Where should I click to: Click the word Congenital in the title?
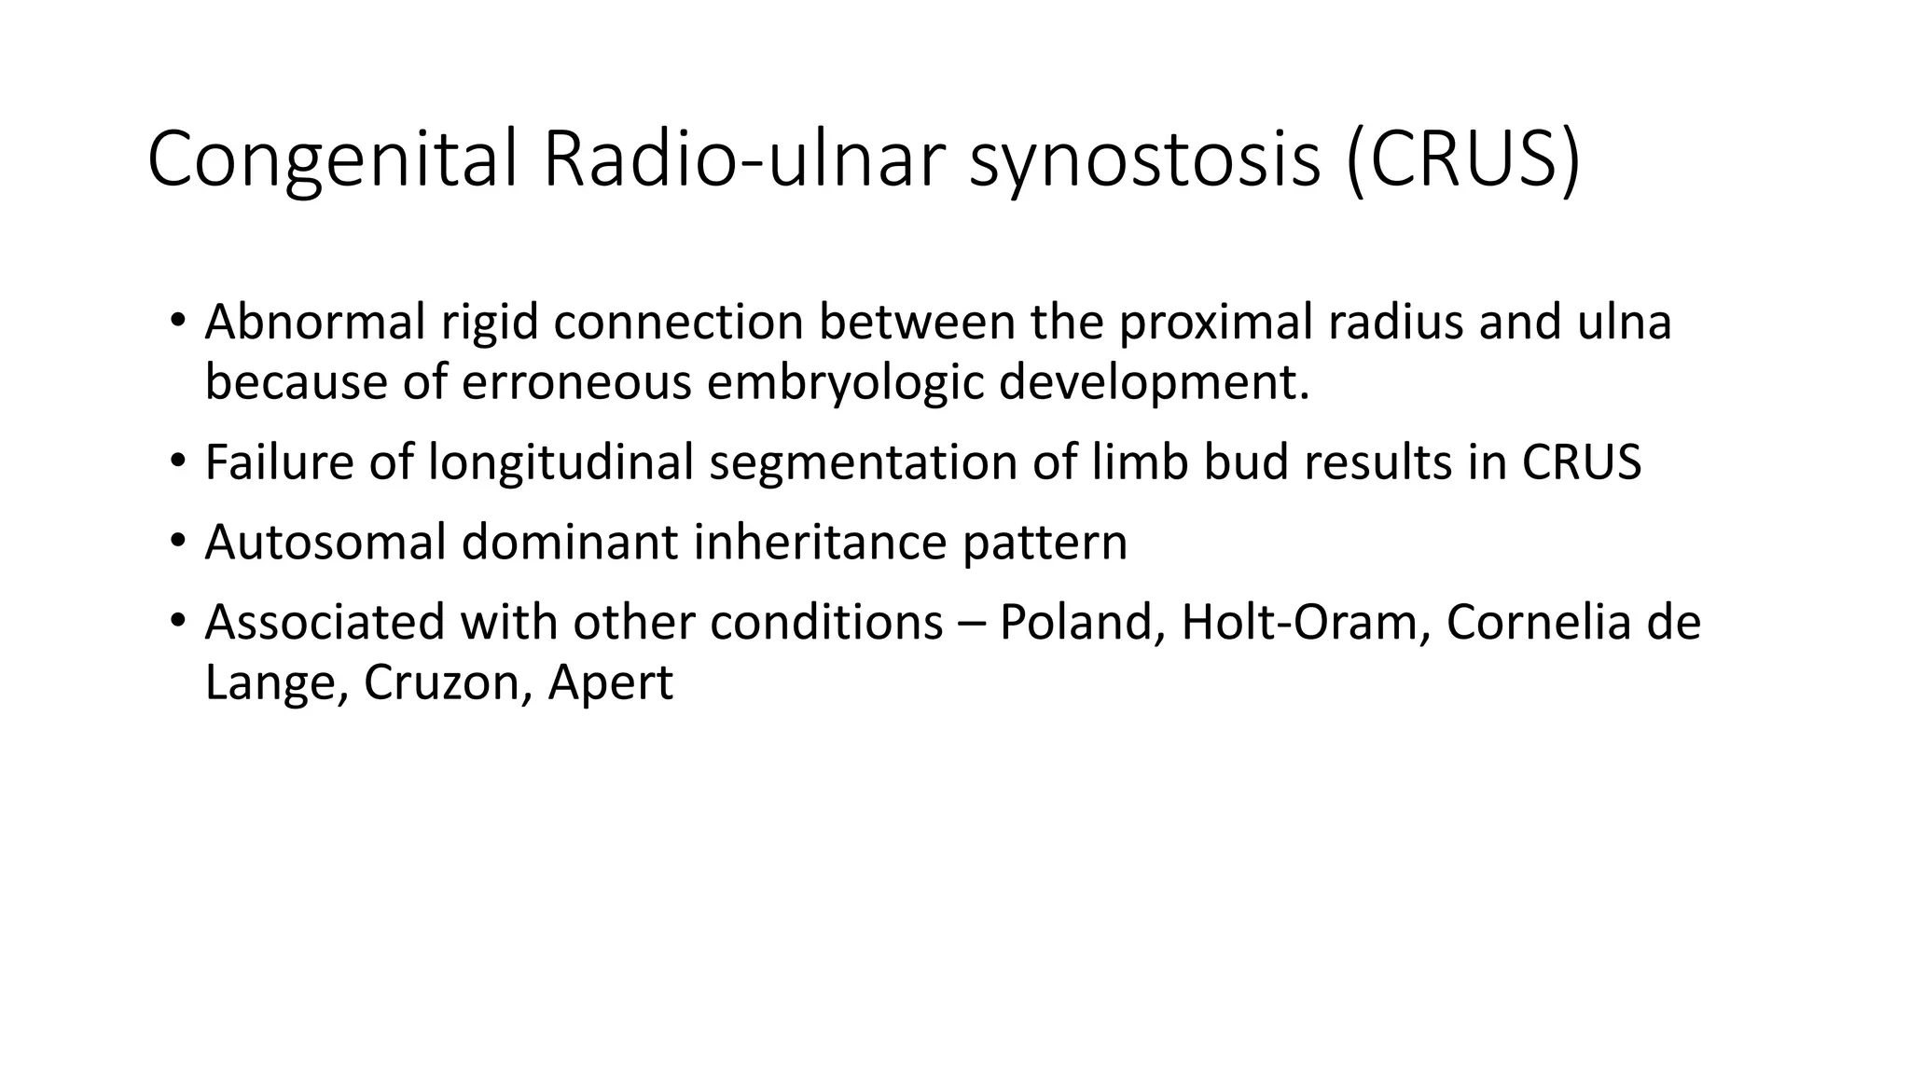tap(331, 160)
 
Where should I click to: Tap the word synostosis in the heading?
tap(1144, 160)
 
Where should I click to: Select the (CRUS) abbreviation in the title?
tap(1463, 160)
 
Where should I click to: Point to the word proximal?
tap(1215, 323)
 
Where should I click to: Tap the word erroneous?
tap(575, 382)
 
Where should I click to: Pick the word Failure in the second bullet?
tap(279, 462)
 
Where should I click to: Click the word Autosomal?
tap(325, 543)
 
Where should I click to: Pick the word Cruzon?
tap(448, 682)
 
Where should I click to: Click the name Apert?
tap(610, 684)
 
